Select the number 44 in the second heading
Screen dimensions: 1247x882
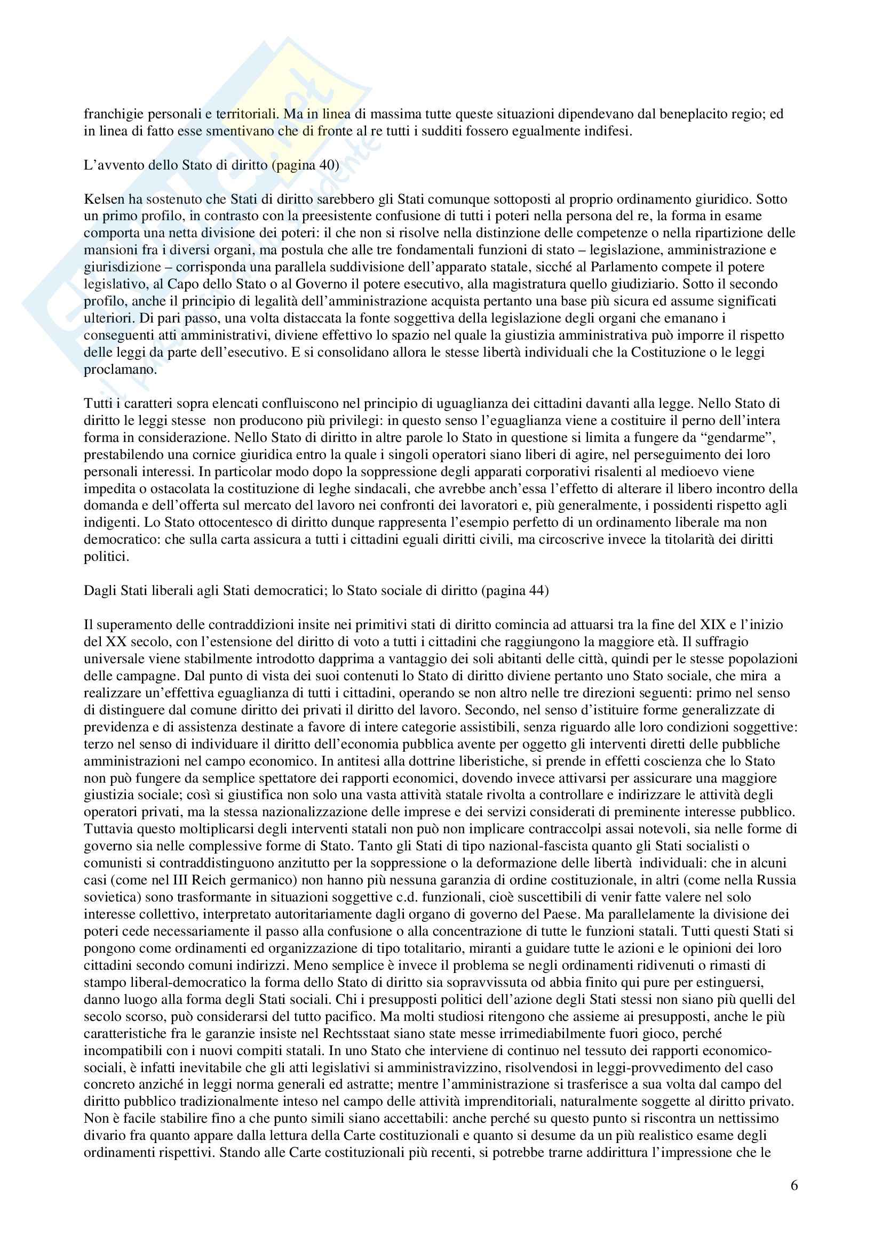[x=538, y=591]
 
